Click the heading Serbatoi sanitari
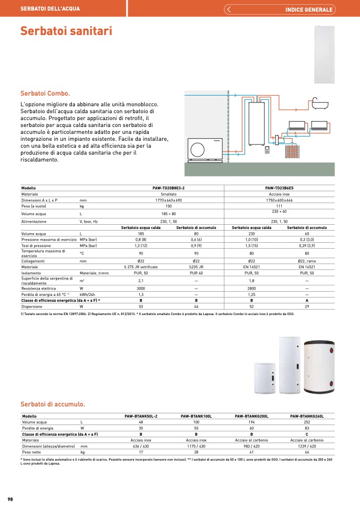66,31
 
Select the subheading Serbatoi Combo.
45,94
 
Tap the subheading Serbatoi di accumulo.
53,404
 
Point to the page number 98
10,499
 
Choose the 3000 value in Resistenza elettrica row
141,288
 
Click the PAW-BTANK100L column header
196,416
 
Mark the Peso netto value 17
141,452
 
